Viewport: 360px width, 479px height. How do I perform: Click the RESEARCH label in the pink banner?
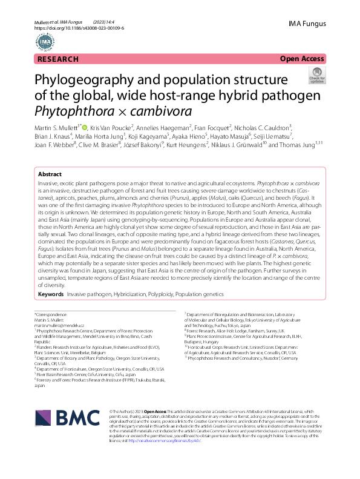pos(58,59)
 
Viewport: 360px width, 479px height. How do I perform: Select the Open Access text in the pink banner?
pos(303,59)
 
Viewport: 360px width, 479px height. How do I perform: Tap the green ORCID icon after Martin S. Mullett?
pos(85,127)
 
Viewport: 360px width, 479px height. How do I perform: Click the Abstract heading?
pos(50,174)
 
